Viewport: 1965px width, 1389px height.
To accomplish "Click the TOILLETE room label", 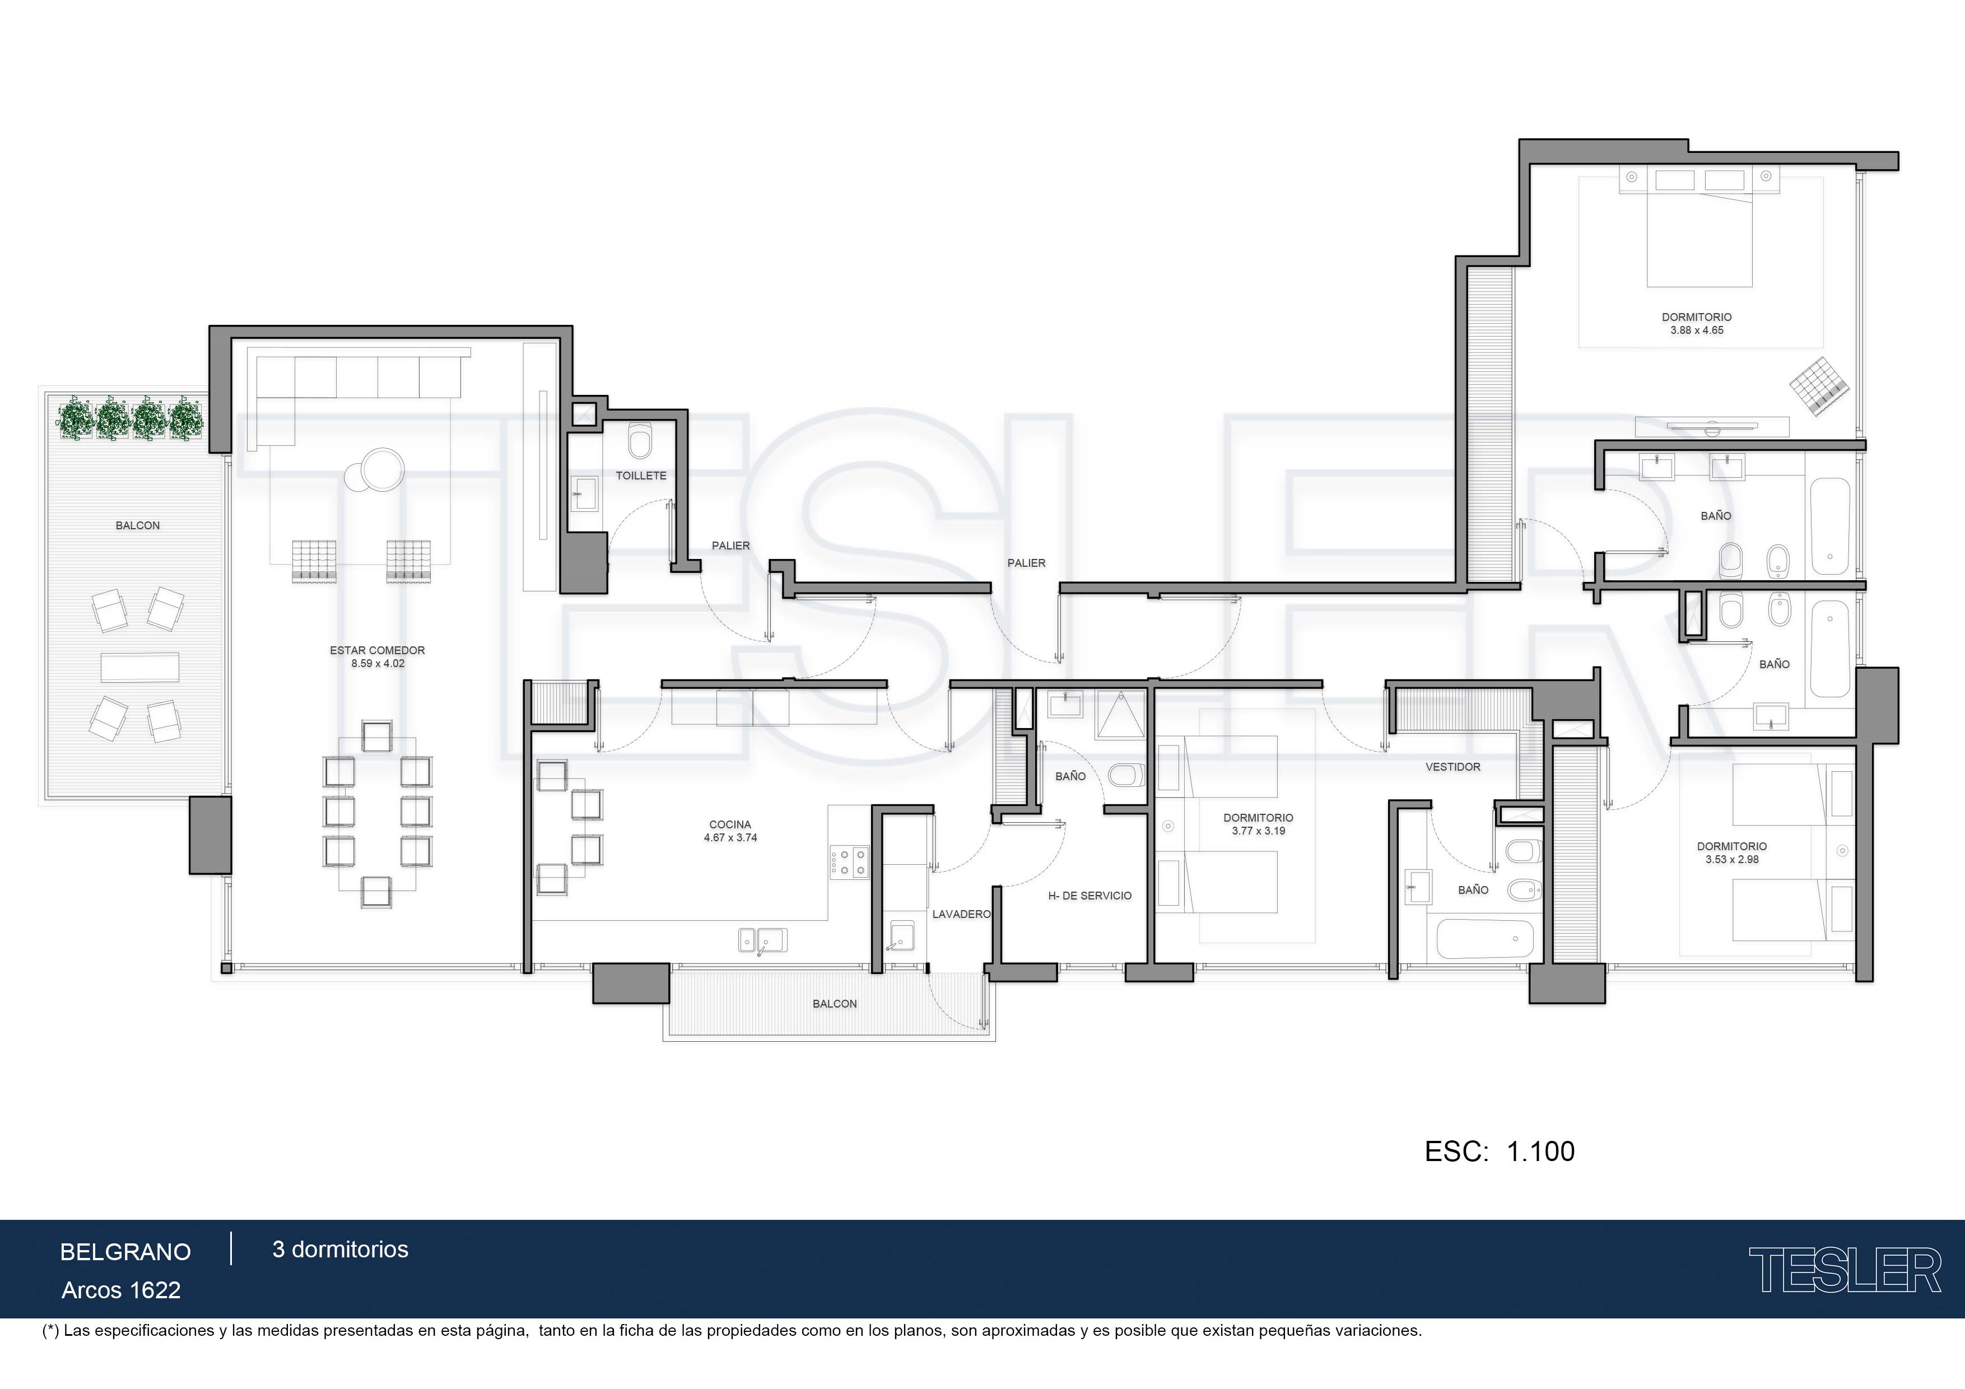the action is [641, 476].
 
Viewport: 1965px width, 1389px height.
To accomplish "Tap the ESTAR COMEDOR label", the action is [378, 650].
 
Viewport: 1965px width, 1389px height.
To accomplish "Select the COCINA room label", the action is [730, 825].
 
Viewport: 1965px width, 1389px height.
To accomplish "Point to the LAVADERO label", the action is [961, 914].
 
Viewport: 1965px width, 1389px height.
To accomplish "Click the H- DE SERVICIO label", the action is [1089, 896].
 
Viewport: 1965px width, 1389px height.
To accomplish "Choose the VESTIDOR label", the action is [1452, 767].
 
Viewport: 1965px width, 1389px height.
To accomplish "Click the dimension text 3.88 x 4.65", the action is [1696, 330].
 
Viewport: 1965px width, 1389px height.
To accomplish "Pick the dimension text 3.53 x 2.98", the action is [1731, 859].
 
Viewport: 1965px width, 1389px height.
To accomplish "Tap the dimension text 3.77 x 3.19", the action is [1258, 831].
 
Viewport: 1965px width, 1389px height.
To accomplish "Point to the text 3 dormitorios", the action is [340, 1250].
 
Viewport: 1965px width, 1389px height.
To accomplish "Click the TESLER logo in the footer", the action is [1845, 1270].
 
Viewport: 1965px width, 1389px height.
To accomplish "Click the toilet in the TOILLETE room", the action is [639, 441].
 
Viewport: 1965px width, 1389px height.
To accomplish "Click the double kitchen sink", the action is [762, 940].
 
